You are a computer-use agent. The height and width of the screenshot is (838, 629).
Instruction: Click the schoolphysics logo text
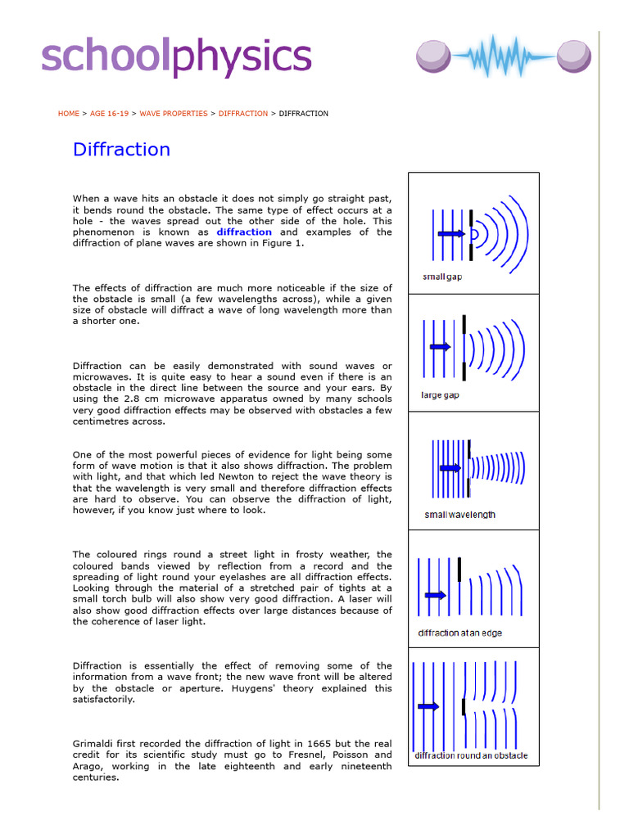click(x=176, y=56)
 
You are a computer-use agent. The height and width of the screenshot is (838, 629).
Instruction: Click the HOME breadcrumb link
click(x=69, y=114)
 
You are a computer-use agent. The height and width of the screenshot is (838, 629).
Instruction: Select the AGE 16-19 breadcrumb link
click(x=110, y=114)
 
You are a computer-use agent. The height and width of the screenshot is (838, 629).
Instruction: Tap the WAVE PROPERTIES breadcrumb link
click(x=174, y=114)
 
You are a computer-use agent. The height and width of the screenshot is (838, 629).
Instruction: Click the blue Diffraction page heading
click(x=121, y=150)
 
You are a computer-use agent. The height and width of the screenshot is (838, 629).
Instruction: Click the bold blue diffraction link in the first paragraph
click(x=244, y=232)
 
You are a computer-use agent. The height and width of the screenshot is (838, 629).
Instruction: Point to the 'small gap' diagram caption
click(x=442, y=277)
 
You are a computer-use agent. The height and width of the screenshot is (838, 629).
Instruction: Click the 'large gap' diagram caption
click(x=441, y=395)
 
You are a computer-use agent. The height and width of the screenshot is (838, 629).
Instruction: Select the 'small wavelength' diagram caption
click(x=459, y=515)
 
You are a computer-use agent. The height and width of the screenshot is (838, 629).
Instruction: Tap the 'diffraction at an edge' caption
click(x=460, y=633)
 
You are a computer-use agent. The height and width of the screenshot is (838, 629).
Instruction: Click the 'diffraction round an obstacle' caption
click(x=471, y=755)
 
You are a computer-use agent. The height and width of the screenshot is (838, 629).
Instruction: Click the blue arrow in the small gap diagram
click(x=451, y=234)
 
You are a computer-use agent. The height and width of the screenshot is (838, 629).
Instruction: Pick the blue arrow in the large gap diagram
click(x=441, y=347)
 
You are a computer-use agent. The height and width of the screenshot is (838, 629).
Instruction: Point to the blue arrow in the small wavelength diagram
click(x=451, y=468)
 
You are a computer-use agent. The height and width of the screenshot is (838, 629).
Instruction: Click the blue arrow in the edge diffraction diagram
click(x=435, y=594)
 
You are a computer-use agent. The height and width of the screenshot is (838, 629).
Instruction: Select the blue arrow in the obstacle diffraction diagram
click(x=428, y=705)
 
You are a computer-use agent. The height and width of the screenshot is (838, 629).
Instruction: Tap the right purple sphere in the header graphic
click(x=573, y=56)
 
